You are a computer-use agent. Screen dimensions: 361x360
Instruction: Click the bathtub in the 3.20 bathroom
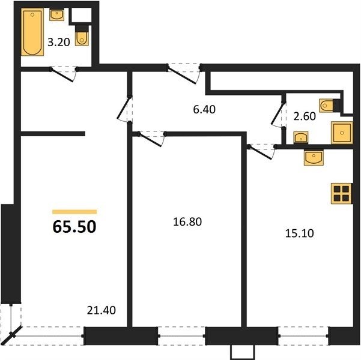[32, 32]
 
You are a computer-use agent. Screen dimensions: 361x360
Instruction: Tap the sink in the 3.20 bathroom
[56, 15]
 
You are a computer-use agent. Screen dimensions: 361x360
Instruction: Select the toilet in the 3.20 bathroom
[82, 35]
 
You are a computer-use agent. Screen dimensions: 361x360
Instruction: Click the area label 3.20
[59, 43]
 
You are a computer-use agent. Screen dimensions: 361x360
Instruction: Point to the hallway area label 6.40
[204, 109]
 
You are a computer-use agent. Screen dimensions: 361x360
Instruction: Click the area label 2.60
[305, 116]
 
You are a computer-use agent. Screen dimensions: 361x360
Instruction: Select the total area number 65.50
[74, 227]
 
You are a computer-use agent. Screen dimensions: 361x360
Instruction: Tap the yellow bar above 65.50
[74, 212]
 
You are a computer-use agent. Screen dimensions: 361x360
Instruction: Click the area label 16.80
[187, 222]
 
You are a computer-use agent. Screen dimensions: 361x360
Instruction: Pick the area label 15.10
[300, 233]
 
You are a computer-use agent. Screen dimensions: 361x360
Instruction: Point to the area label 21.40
[102, 311]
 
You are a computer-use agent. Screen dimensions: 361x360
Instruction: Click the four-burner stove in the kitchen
[341, 193]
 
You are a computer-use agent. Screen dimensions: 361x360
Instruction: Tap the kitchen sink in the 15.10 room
[314, 158]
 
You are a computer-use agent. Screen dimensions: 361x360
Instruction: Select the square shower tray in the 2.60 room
[342, 133]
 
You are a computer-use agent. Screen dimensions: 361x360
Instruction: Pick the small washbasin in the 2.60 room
[301, 137]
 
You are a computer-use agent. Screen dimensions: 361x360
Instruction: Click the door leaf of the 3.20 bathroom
[62, 74]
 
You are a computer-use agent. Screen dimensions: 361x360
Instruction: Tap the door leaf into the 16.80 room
[150, 139]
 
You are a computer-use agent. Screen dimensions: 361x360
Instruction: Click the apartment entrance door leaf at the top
[182, 75]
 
